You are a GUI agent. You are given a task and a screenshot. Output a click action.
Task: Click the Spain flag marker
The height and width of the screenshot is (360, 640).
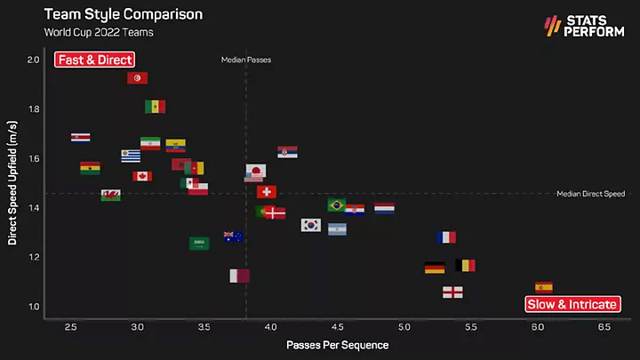pos(543,287)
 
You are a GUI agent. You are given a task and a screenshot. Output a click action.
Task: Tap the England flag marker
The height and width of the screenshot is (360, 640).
pos(452,292)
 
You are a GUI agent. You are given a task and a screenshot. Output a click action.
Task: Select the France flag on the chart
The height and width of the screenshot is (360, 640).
pos(446,237)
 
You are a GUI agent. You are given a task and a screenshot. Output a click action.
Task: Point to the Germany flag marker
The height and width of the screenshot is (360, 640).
pos(435,268)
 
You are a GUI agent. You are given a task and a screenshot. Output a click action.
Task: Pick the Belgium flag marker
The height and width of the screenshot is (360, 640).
pos(465,265)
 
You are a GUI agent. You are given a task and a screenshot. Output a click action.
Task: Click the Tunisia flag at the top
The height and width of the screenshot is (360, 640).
pos(138,78)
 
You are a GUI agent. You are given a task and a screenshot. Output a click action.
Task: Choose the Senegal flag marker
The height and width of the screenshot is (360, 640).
pos(156,107)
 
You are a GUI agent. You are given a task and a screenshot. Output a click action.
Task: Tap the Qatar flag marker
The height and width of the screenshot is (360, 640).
pos(239,276)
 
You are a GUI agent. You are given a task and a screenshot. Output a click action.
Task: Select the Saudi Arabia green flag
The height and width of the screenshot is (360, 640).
pos(199,243)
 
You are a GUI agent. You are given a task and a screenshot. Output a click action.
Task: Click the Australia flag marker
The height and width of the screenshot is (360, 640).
pos(233,236)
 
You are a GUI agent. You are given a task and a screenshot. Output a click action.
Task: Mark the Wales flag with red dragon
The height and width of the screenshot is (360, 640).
pos(111,195)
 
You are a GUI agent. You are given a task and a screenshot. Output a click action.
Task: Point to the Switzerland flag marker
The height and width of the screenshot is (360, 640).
pos(267,191)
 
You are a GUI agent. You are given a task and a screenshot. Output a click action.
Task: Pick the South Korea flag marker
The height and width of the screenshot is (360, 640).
pos(310,225)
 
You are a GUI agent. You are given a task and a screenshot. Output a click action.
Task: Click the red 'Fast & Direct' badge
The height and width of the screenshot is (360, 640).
pos(94,60)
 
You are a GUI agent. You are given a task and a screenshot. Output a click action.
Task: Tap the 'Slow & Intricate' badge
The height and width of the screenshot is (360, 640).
pos(572,304)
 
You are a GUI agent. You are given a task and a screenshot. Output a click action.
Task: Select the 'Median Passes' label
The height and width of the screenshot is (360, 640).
pos(246,60)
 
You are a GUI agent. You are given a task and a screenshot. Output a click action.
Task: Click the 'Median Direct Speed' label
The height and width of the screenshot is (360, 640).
pos(590,194)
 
